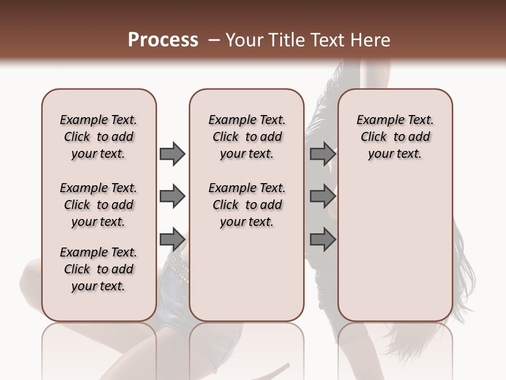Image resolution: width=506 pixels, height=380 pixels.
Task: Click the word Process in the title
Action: click(163, 40)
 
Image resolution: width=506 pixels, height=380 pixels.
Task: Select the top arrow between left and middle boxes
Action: click(172, 154)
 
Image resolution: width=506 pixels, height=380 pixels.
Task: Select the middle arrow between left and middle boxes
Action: click(172, 197)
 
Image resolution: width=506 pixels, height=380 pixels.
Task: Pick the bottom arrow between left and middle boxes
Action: click(172, 240)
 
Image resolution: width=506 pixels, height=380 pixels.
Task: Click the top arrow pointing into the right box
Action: click(323, 154)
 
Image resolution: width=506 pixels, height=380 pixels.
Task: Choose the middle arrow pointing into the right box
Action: click(323, 197)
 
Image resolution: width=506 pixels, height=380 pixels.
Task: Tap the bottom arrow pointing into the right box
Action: click(323, 240)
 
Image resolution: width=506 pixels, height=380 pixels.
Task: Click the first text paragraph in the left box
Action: click(99, 137)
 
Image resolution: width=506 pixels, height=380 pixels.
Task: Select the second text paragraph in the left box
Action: click(99, 205)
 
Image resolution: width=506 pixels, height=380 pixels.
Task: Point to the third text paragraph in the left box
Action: click(99, 269)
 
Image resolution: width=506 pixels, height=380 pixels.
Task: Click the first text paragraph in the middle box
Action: click(247, 137)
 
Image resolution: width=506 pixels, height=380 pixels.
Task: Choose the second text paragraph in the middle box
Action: click(247, 205)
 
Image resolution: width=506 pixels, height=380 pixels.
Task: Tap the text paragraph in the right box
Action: click(395, 137)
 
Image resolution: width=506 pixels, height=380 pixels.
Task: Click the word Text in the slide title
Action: click(326, 40)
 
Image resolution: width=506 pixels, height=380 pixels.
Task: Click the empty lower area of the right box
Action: click(395, 253)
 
